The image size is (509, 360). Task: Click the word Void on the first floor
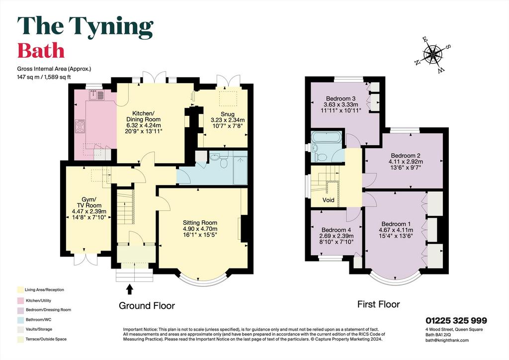pyautogui.click(x=328, y=200)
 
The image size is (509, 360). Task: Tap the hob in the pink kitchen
pyautogui.click(x=80, y=126)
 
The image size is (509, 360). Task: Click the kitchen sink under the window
pyautogui.click(x=97, y=95)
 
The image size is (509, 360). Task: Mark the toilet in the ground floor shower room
pyautogui.click(x=223, y=162)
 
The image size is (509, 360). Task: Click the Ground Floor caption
pyautogui.click(x=147, y=306)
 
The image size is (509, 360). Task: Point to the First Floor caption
pyautogui.click(x=378, y=304)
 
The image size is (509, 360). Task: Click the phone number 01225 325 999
pyautogui.click(x=456, y=321)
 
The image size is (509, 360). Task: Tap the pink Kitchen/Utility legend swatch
pyautogui.click(x=20, y=300)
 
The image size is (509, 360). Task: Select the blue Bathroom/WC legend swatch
pyautogui.click(x=20, y=320)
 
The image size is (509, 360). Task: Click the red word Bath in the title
pyautogui.click(x=41, y=51)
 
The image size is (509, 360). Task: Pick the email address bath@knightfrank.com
pyautogui.click(x=447, y=340)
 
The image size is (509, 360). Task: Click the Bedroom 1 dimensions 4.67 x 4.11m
pyautogui.click(x=396, y=230)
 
